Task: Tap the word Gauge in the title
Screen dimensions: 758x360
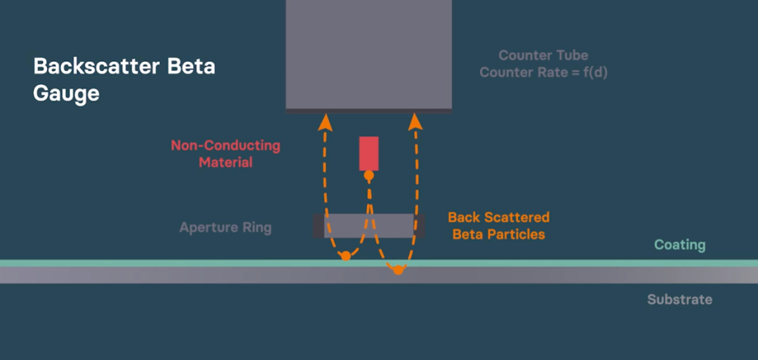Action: click(66, 93)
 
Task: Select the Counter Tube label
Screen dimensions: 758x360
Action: click(543, 55)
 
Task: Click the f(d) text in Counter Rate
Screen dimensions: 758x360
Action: click(593, 73)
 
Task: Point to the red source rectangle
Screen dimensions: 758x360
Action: click(369, 153)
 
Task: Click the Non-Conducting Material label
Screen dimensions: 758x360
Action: click(226, 154)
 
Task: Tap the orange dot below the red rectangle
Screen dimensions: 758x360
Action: click(369, 175)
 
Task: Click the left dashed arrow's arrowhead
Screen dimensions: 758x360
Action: click(326, 122)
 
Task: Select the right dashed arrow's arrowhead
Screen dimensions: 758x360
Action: click(415, 122)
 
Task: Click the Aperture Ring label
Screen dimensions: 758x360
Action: click(225, 227)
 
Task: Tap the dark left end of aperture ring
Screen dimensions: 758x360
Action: click(319, 226)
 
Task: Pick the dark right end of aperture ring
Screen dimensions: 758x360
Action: click(419, 226)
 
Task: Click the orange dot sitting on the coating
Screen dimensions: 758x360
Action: click(345, 255)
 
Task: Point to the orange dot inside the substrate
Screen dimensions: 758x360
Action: click(398, 270)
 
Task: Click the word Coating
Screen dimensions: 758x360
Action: click(679, 246)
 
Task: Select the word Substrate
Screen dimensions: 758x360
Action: click(679, 300)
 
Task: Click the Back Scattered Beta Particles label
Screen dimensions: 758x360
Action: click(498, 226)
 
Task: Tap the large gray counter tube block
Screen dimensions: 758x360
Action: click(369, 55)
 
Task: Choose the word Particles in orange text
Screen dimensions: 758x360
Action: click(517, 234)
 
